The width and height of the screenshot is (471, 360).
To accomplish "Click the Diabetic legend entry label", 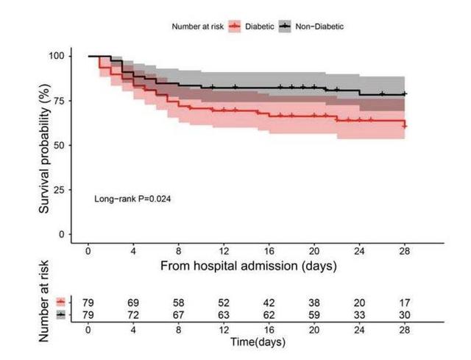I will pyautogui.click(x=260, y=27).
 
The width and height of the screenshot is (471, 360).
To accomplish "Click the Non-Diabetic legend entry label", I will pyautogui.click(x=319, y=27).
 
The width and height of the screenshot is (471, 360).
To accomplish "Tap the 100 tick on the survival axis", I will pyautogui.click(x=57, y=56).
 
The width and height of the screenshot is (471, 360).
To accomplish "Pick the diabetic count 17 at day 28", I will pyautogui.click(x=405, y=303).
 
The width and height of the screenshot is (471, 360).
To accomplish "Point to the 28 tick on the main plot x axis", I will pyautogui.click(x=405, y=249).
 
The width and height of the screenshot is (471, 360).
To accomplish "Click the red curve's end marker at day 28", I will pyautogui.click(x=405, y=126).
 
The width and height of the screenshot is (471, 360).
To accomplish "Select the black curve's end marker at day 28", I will pyautogui.click(x=405, y=94).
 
